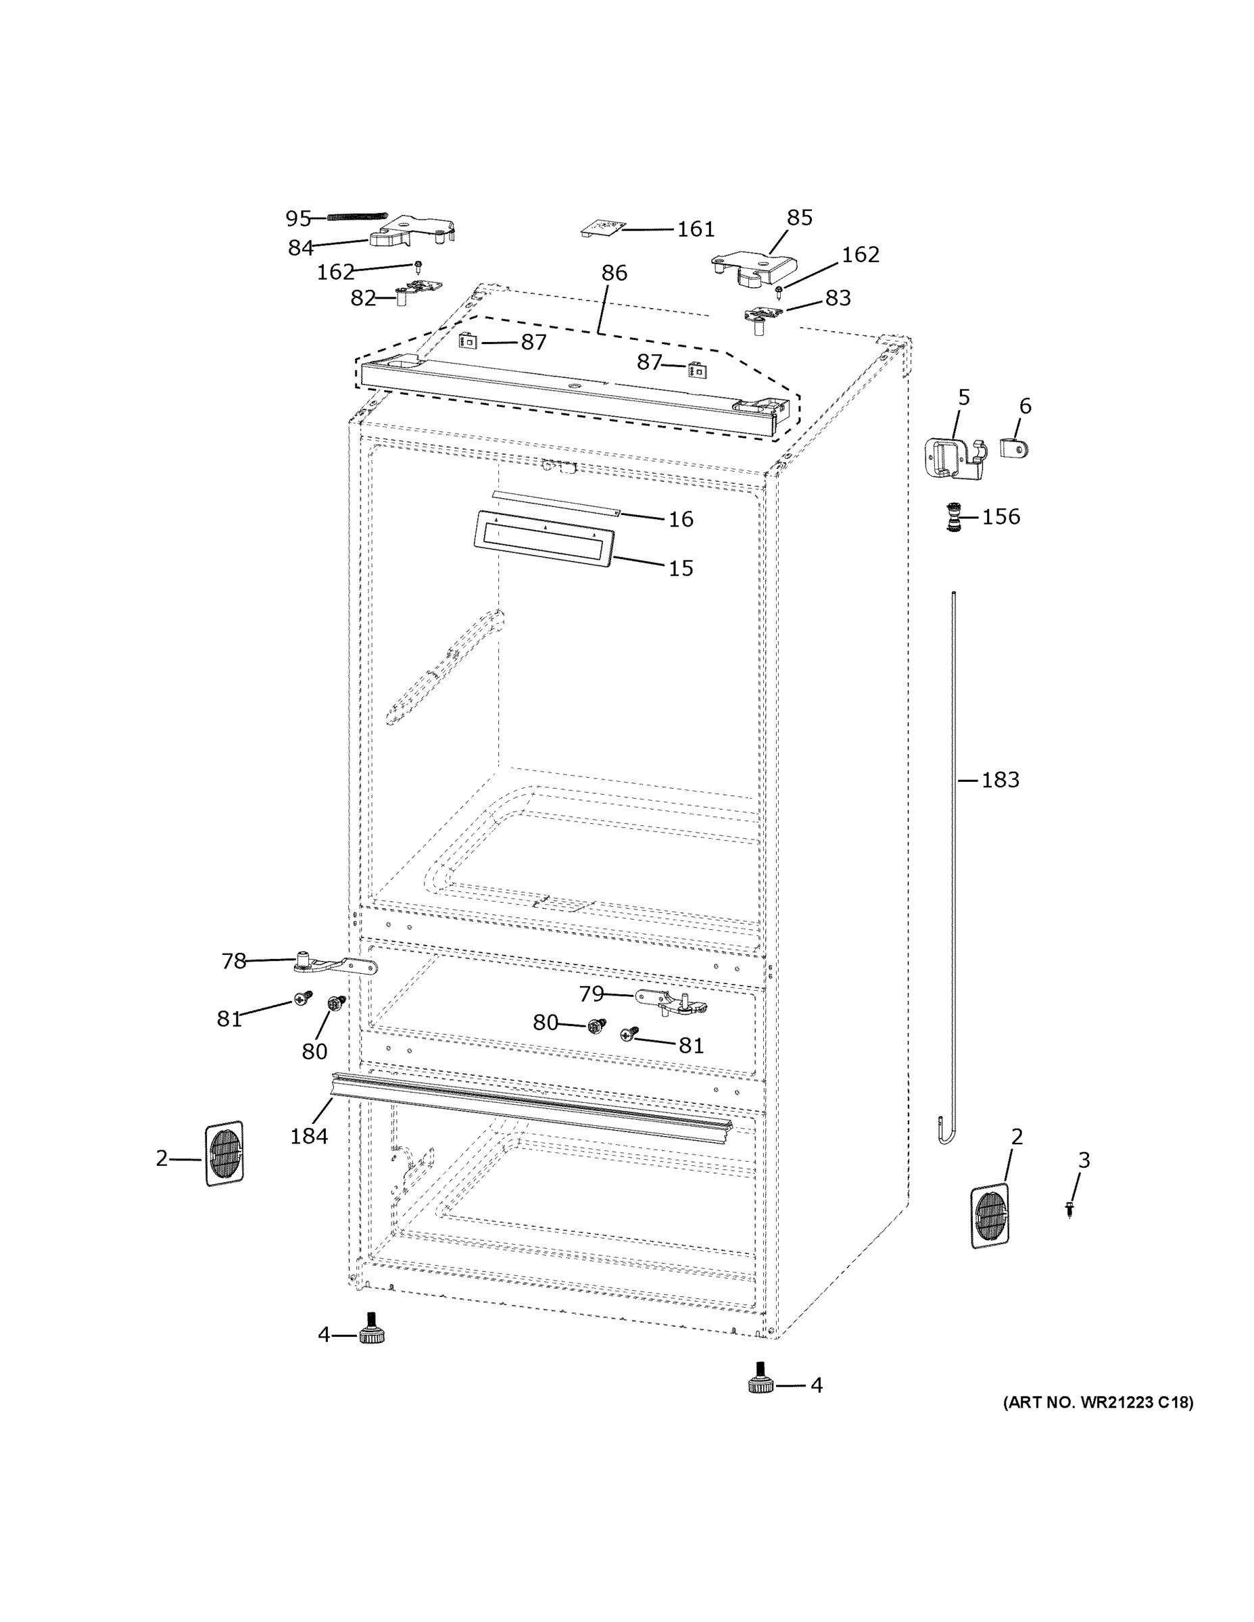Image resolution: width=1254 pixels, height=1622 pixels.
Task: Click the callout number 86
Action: click(x=614, y=272)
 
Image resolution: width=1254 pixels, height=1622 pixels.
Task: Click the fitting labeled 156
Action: click(x=952, y=517)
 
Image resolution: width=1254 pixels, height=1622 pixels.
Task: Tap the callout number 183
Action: click(x=1000, y=780)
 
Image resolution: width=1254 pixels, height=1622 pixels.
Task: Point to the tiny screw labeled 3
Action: click(x=1069, y=1210)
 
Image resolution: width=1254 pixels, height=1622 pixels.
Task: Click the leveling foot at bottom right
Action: click(x=761, y=1381)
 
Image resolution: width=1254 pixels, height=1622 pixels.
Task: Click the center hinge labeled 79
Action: click(x=670, y=1001)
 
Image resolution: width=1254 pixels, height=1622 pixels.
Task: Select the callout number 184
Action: click(x=309, y=1135)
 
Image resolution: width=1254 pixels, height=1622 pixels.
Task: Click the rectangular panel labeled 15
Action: click(x=544, y=539)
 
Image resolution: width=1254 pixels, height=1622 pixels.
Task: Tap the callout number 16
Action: click(x=681, y=519)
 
